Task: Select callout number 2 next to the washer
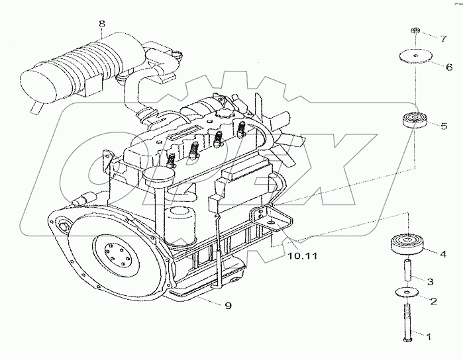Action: point(433,302)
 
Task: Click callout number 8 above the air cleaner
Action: point(101,25)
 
